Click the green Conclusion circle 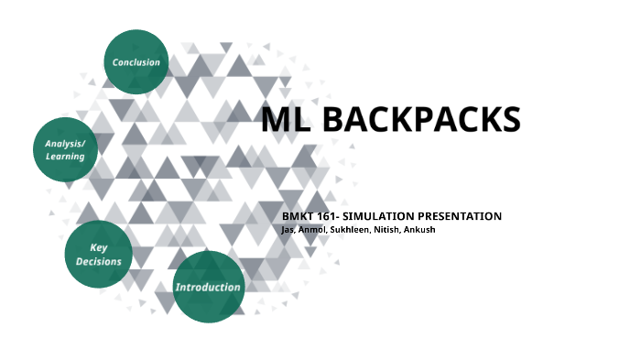[x=136, y=62]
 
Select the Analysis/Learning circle [x=66, y=149]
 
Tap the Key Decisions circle [x=99, y=254]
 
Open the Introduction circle [x=209, y=288]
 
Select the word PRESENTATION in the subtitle [x=463, y=216]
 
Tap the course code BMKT [x=299, y=216]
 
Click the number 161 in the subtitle [x=331, y=216]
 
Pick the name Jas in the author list [x=289, y=229]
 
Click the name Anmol [x=316, y=229]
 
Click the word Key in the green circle [x=99, y=247]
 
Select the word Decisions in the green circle [x=99, y=261]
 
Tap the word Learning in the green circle [x=66, y=157]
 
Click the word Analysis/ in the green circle [x=66, y=143]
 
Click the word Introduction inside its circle [x=209, y=288]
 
